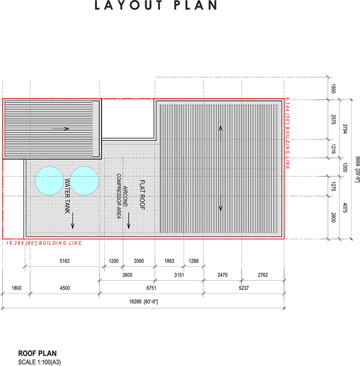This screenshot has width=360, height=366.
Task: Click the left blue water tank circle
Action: (x=49, y=181)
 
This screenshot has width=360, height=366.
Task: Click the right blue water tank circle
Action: (x=84, y=181)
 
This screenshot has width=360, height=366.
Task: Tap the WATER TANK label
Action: (x=68, y=196)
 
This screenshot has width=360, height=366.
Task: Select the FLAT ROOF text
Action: (x=143, y=194)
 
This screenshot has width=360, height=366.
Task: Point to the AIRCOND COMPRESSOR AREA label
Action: (x=122, y=196)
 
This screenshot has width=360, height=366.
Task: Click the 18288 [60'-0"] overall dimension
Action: (x=144, y=302)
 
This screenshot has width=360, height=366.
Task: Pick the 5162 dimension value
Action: (x=65, y=261)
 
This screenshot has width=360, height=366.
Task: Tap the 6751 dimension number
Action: (x=151, y=288)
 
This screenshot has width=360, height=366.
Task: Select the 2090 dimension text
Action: (x=139, y=261)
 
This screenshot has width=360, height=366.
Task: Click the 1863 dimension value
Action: (x=169, y=261)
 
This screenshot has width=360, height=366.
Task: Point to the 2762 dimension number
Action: (x=263, y=275)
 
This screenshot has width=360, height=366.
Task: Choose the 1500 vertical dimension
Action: (x=333, y=89)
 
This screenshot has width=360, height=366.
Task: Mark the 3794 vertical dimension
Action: (x=345, y=129)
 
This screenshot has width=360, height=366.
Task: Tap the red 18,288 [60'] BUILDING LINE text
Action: (x=44, y=243)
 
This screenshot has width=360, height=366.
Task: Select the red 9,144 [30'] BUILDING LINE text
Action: (x=287, y=133)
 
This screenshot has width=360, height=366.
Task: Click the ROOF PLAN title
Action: (x=37, y=353)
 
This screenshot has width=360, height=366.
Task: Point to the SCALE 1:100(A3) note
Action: (x=39, y=362)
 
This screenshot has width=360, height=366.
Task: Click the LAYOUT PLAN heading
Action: (x=156, y=5)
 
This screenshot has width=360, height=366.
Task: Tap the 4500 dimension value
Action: (x=65, y=288)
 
